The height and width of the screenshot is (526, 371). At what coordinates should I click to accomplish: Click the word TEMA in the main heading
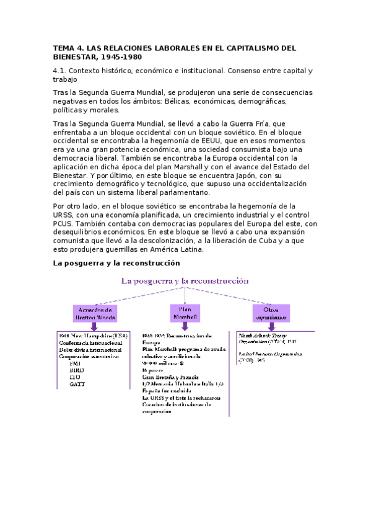(63, 47)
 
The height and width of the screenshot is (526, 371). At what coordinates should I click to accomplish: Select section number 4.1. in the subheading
(63, 71)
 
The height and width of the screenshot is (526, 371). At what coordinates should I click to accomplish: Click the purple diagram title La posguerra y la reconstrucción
(185, 281)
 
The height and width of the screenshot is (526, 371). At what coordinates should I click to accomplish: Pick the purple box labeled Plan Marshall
(185, 313)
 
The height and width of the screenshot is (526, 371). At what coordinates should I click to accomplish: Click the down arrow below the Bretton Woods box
(95, 327)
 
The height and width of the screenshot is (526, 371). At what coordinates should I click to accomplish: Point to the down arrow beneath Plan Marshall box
(185, 326)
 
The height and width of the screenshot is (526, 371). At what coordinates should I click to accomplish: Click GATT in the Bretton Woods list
(77, 384)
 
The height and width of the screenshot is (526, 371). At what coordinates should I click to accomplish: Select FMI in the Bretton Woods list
(76, 363)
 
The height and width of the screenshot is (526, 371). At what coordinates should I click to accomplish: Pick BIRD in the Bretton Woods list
(77, 370)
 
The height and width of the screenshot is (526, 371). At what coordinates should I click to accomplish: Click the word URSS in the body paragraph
(64, 215)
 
